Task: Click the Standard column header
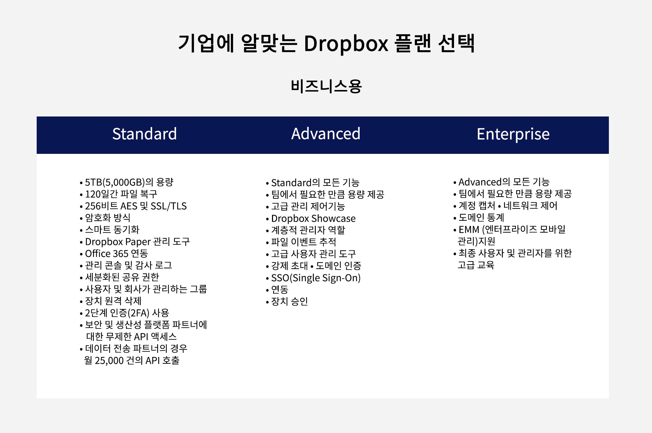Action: [x=144, y=134]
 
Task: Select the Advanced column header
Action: [x=326, y=134]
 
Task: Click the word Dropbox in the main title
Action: [x=346, y=43]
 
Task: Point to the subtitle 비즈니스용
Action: [x=326, y=86]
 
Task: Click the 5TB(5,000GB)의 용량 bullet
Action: [x=129, y=182]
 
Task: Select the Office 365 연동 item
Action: [x=116, y=253]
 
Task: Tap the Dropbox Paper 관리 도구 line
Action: [x=137, y=241]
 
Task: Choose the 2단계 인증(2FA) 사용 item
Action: [x=127, y=313]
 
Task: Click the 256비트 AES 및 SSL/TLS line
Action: [x=136, y=206]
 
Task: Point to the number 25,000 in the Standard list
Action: [x=109, y=361]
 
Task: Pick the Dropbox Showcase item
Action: [x=313, y=218]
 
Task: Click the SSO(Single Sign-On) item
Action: [x=316, y=278]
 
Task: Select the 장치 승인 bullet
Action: [x=289, y=301]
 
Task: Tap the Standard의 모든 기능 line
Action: [x=315, y=183]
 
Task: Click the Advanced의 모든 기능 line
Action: [x=504, y=182]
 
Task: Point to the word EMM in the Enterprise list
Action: [x=469, y=230]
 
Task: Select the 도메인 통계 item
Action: [x=481, y=217]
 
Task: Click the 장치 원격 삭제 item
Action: [x=113, y=301]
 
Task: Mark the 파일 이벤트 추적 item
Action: [x=304, y=242]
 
